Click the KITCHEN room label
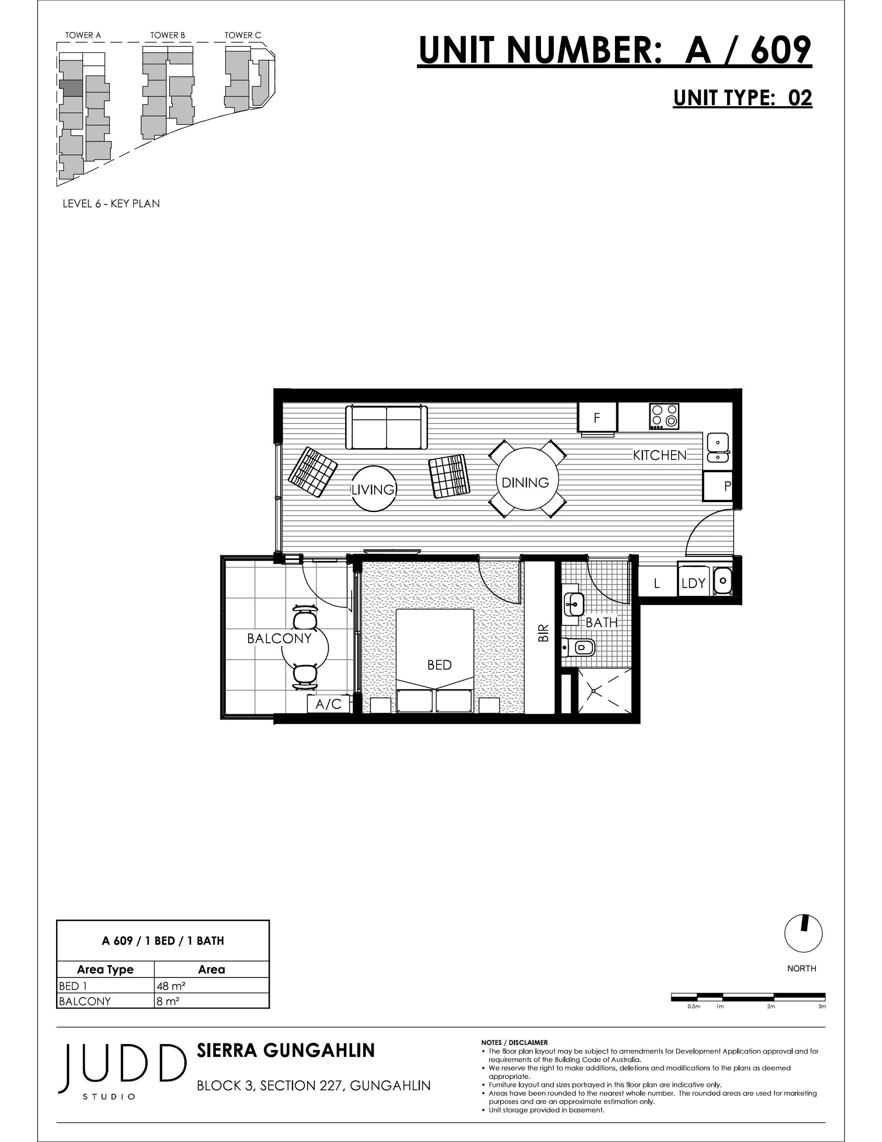coord(659,455)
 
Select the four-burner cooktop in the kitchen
coord(664,416)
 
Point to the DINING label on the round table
coord(525,483)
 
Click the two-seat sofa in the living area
coord(387,427)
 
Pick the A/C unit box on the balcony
coord(328,704)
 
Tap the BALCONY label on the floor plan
coord(279,639)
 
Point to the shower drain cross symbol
coord(594,691)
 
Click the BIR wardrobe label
coord(544,633)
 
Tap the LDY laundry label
coord(693,583)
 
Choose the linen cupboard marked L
coord(657,583)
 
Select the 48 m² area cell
coord(212,986)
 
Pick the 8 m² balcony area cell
coord(212,1001)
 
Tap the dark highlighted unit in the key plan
coord(71,87)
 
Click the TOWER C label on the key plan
coord(243,35)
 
